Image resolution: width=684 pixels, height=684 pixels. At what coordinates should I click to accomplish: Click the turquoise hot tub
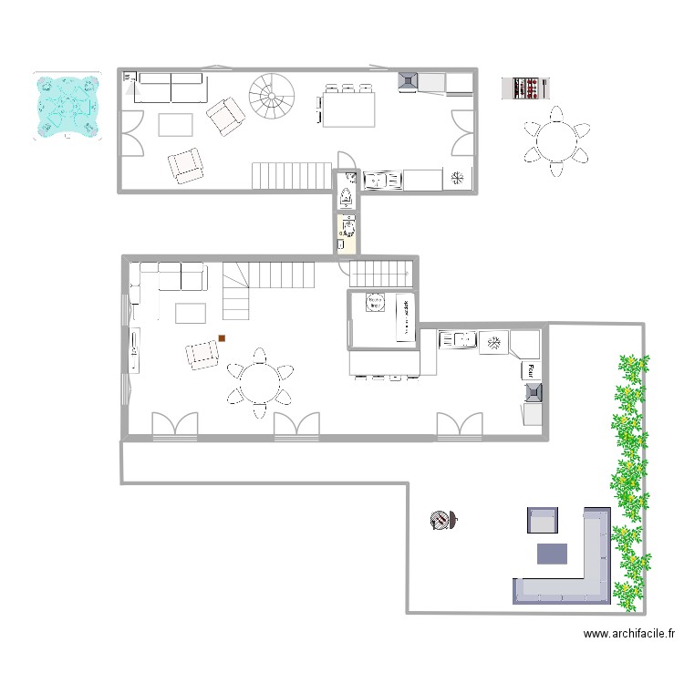coord(66,105)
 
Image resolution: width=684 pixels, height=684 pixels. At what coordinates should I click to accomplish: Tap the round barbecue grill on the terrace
coord(440,520)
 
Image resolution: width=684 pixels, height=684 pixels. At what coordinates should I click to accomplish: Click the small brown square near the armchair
coord(222,339)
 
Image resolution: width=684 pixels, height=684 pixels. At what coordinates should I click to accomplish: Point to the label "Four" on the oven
coord(529,371)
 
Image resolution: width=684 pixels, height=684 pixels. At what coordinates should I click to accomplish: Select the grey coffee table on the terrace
coord(552,553)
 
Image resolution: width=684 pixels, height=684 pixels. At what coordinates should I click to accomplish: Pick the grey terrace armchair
coord(542,521)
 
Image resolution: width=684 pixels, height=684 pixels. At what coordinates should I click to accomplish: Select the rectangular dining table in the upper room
coord(348,109)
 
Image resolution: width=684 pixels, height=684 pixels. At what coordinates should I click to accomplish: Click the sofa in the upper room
coord(171,88)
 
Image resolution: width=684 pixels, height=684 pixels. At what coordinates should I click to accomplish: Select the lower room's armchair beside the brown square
coord(201,355)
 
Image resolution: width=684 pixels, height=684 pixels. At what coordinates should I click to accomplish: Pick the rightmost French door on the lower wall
coord(458,426)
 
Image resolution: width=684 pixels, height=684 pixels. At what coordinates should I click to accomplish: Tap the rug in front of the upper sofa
coord(176,124)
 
